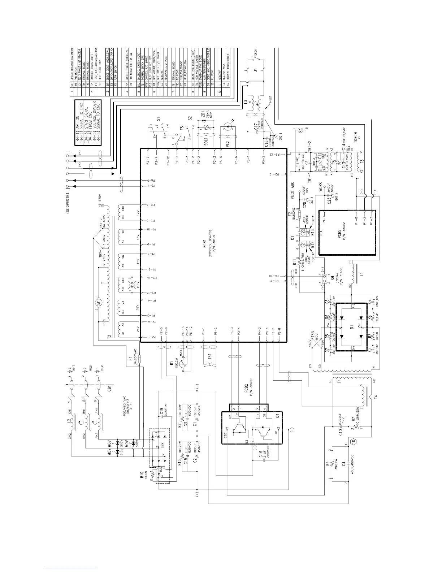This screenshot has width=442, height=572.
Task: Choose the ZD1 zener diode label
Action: point(203,115)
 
